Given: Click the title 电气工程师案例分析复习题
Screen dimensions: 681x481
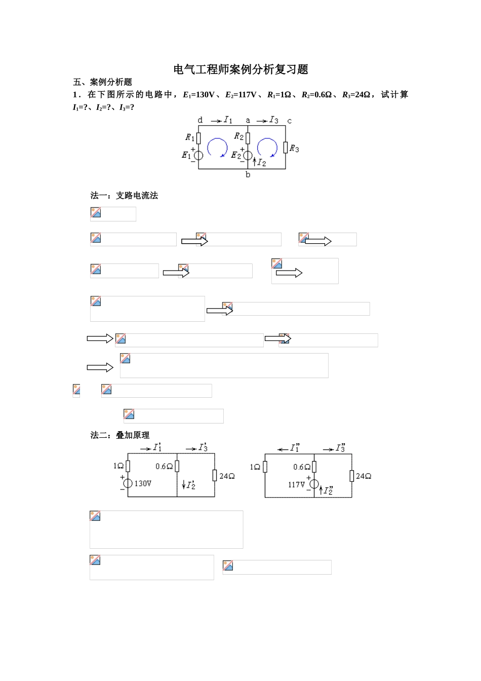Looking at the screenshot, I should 240,69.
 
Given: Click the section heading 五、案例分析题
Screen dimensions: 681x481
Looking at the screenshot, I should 103,82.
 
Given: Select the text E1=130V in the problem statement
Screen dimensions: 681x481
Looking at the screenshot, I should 198,95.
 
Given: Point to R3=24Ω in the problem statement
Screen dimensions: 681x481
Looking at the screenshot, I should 357,95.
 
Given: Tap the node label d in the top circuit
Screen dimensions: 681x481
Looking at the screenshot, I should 200,121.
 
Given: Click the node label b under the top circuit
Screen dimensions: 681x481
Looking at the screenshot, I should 248,175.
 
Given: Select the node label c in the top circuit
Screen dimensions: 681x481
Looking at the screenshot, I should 289,121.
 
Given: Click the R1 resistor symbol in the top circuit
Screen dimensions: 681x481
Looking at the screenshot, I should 198,137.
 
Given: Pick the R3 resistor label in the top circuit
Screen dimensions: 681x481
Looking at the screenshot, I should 294,148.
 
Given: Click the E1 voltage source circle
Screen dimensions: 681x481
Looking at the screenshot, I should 198,156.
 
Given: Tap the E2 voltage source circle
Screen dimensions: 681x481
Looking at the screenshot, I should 248,156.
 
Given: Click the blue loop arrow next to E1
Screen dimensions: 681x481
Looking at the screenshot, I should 217,148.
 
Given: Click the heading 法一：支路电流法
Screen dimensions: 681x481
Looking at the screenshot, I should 124,196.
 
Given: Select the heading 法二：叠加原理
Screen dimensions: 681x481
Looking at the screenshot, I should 120,435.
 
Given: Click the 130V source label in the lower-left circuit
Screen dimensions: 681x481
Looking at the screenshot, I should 143,483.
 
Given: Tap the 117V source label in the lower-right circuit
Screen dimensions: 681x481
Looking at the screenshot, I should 297,484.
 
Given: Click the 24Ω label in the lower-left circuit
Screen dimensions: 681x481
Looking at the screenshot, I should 227,476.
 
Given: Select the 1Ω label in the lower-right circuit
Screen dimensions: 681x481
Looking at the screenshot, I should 255,467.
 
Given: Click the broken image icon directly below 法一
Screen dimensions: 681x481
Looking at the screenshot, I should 96,213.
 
